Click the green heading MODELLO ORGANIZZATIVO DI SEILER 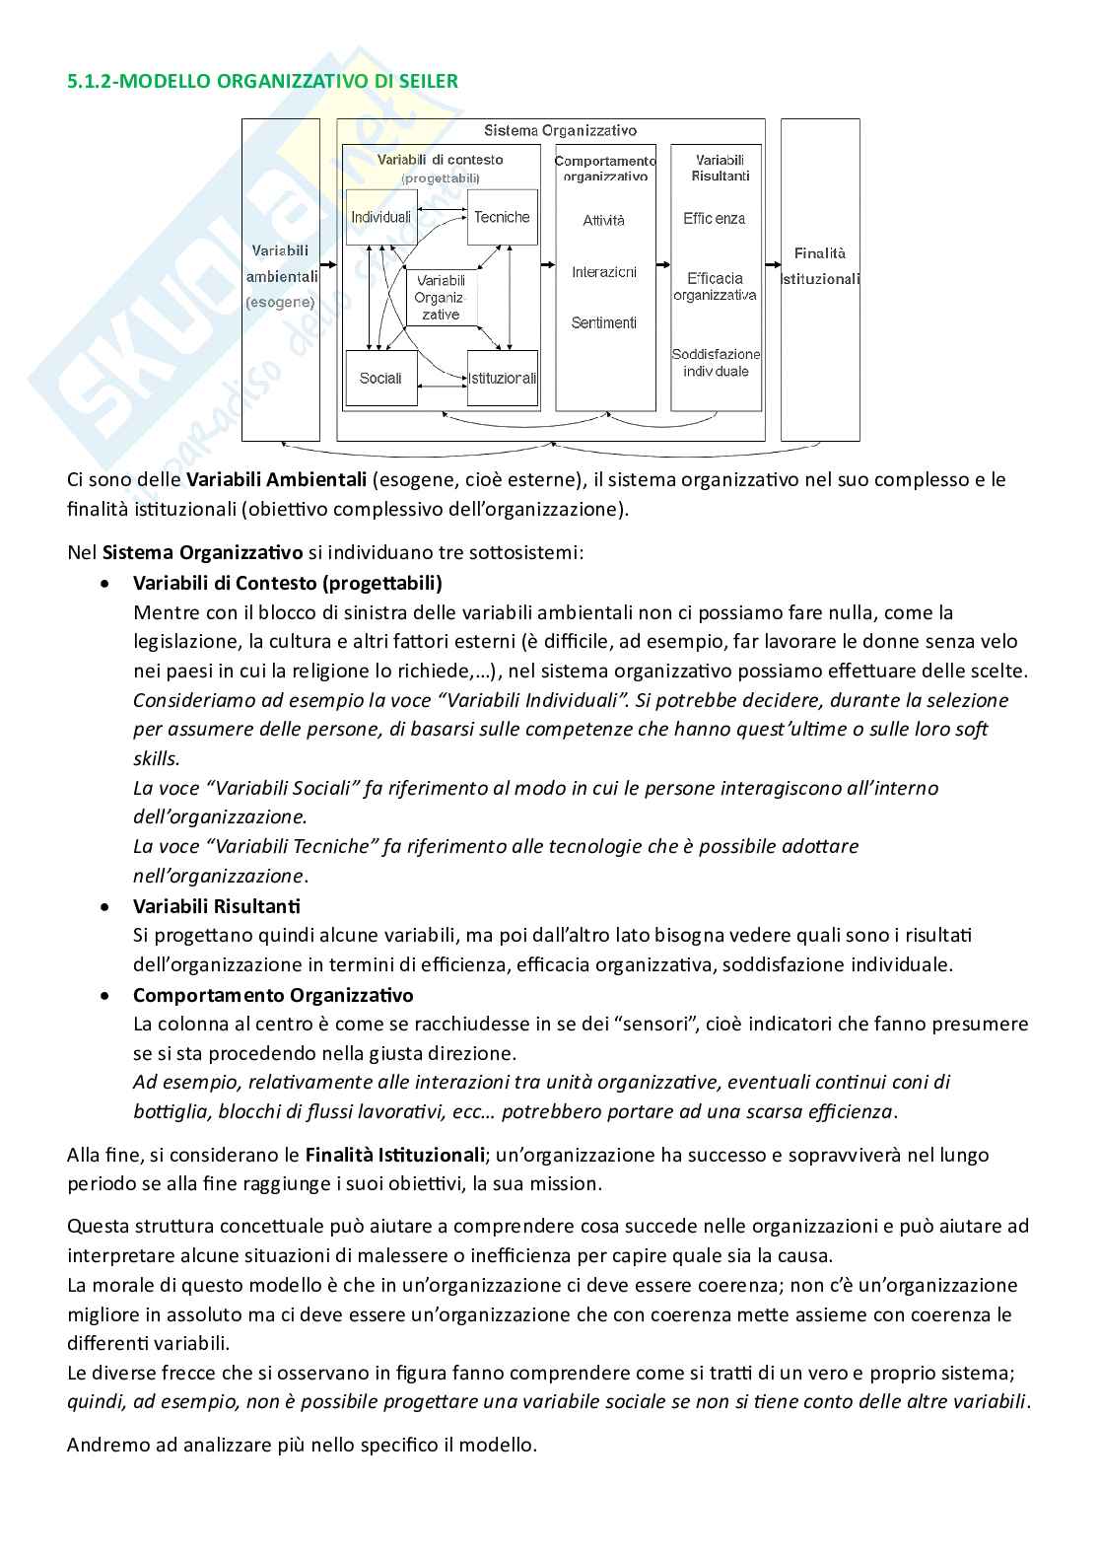pyautogui.click(x=262, y=81)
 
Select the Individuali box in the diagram pyautogui.click(x=379, y=217)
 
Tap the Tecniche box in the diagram pyautogui.click(x=502, y=217)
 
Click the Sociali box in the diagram pyautogui.click(x=380, y=378)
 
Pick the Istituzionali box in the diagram pyautogui.click(x=503, y=378)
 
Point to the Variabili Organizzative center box pyautogui.click(x=441, y=298)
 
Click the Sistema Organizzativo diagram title pyautogui.click(x=560, y=130)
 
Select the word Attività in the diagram pyautogui.click(x=603, y=221)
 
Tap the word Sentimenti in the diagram pyautogui.click(x=603, y=322)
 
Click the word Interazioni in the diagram pyautogui.click(x=603, y=272)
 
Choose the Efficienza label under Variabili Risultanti pyautogui.click(x=715, y=219)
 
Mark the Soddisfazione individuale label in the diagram pyautogui.click(x=716, y=363)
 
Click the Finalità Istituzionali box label pyautogui.click(x=820, y=266)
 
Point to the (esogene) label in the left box pyautogui.click(x=280, y=303)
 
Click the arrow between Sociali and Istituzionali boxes pyautogui.click(x=442, y=379)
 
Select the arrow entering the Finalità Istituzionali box pyautogui.click(x=771, y=264)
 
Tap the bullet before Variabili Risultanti pyautogui.click(x=106, y=906)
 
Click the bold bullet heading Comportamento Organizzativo pyautogui.click(x=273, y=995)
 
